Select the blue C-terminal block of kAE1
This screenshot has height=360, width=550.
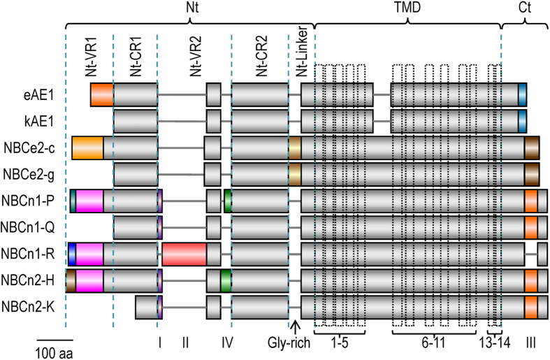(x=522, y=121)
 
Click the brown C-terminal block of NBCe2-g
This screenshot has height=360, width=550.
(x=532, y=174)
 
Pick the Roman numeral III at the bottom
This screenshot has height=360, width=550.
(x=532, y=342)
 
